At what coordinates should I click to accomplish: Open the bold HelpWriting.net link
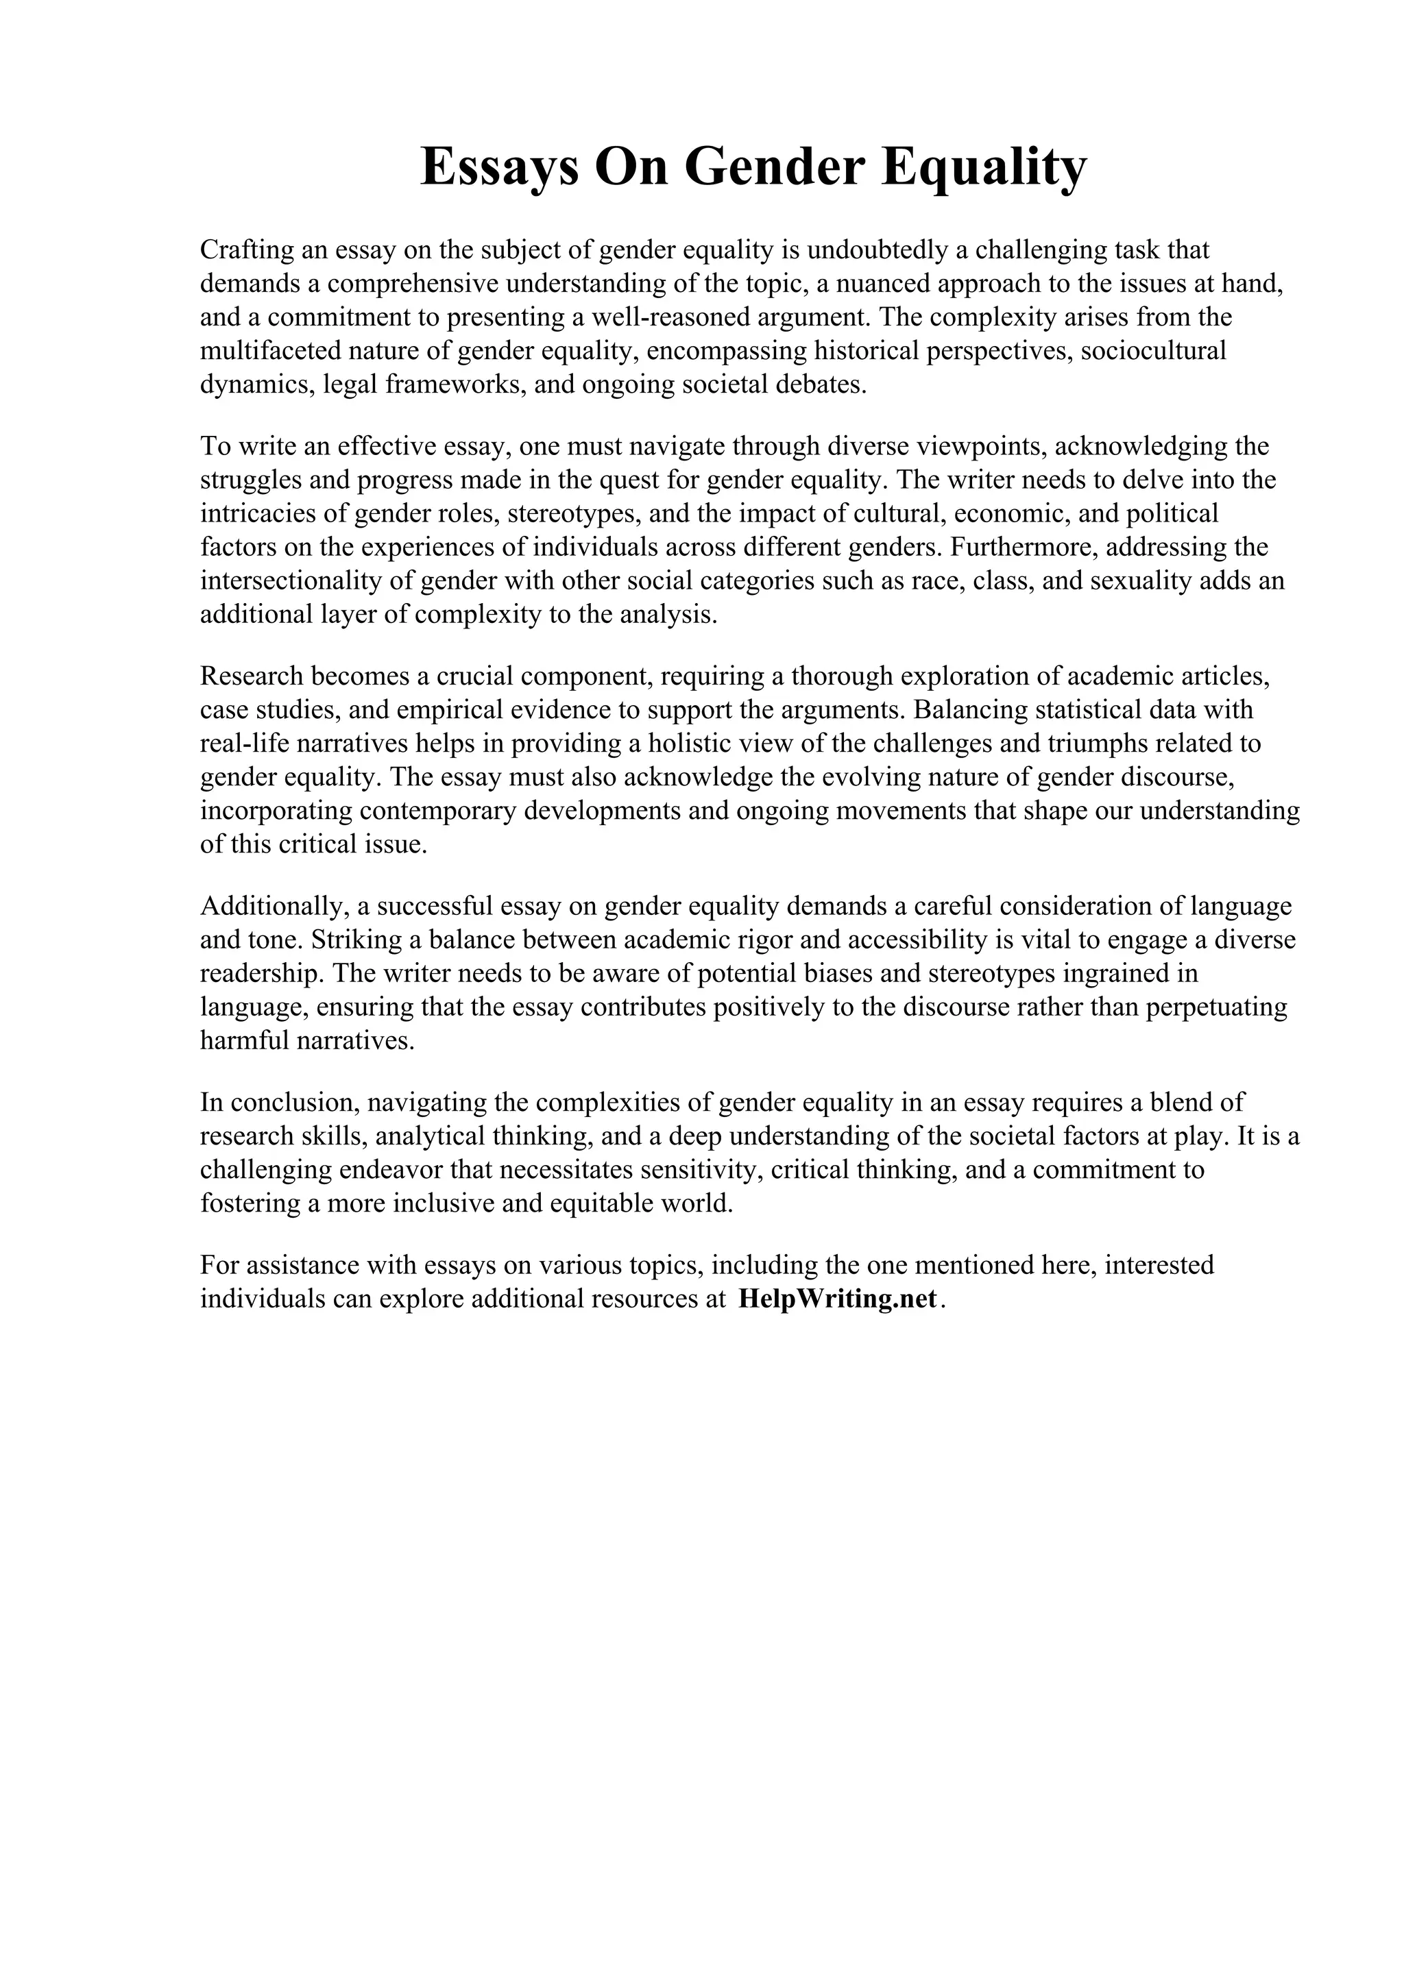pos(837,1300)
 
